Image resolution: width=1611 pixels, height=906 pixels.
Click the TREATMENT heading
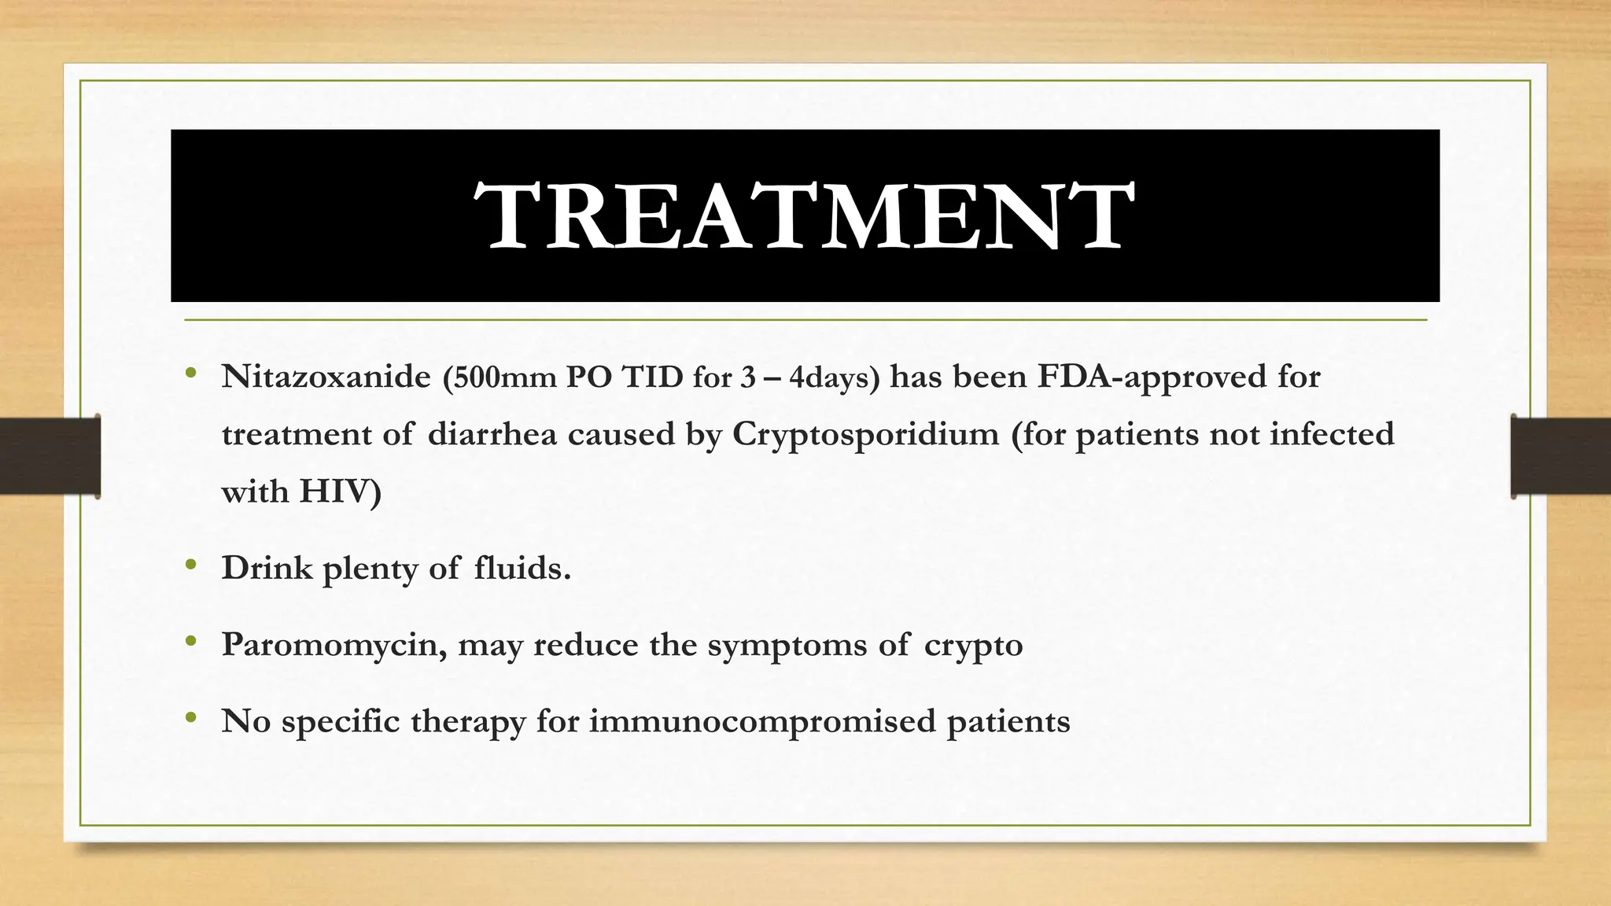tap(804, 216)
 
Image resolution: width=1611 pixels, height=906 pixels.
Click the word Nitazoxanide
tap(326, 377)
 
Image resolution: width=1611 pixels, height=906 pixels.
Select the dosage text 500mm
tap(500, 378)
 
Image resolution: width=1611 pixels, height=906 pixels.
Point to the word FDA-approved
tap(1151, 377)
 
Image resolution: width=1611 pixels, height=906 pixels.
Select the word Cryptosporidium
tap(865, 435)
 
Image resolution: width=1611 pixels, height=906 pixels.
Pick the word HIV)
tap(341, 492)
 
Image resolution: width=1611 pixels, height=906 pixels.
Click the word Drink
tap(267, 568)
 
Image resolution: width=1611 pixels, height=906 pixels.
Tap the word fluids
tap(522, 568)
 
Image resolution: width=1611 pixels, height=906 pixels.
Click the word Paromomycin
tap(334, 645)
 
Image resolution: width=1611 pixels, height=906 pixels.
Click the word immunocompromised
tap(762, 722)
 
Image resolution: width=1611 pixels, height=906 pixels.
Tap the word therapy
tap(468, 722)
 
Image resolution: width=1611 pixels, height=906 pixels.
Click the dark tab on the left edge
tap(50, 456)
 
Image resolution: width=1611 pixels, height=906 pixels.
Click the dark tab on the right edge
tap(1561, 456)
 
